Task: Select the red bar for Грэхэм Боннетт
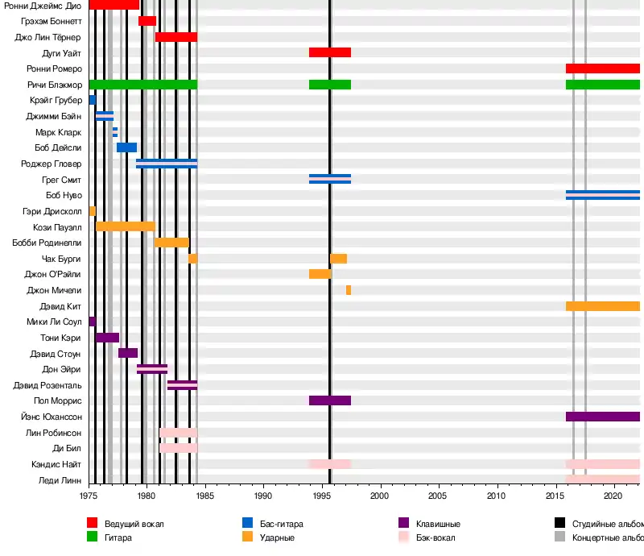tap(147, 21)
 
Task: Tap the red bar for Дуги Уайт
tap(330, 52)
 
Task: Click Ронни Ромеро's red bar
tap(603, 68)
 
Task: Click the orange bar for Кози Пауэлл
tap(125, 226)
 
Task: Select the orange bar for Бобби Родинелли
tap(171, 243)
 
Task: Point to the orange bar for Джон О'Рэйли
tap(320, 274)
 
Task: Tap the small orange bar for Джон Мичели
tap(349, 290)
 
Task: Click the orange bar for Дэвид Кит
tap(603, 306)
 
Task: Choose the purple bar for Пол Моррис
tap(330, 400)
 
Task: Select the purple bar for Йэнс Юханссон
tap(603, 417)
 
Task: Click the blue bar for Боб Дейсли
tap(127, 147)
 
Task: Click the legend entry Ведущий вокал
tap(134, 524)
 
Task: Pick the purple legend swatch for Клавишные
tap(404, 524)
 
